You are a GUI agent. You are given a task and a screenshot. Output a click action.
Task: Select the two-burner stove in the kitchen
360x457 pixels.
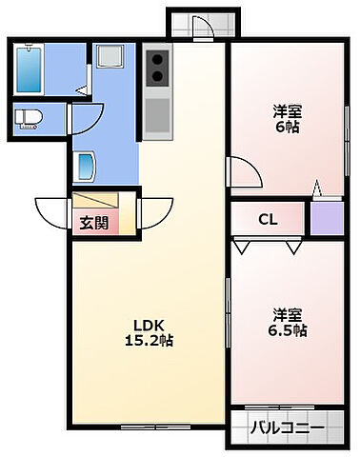pyautogui.click(x=157, y=70)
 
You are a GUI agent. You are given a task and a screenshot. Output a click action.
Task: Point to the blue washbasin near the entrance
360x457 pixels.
pyautogui.click(x=85, y=167)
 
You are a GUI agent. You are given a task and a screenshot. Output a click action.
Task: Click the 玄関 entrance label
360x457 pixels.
pyautogui.click(x=93, y=224)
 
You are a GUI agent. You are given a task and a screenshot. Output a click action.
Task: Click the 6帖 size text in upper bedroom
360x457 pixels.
pyautogui.click(x=287, y=126)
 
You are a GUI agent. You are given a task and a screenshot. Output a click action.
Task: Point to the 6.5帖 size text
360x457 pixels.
pyautogui.click(x=287, y=330)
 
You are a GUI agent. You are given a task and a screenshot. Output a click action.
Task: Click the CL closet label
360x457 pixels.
pyautogui.click(x=268, y=219)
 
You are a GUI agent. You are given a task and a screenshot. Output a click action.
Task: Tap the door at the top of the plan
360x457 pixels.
pyautogui.click(x=200, y=26)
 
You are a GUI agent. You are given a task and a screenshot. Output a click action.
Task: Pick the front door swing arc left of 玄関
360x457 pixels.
pyautogui.click(x=52, y=209)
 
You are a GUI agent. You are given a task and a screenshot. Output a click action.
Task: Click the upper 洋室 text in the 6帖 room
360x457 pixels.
pyautogui.click(x=287, y=109)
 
